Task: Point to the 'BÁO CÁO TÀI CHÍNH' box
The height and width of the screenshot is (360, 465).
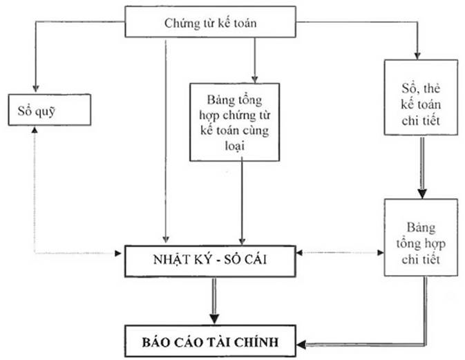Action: (x=213, y=340)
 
